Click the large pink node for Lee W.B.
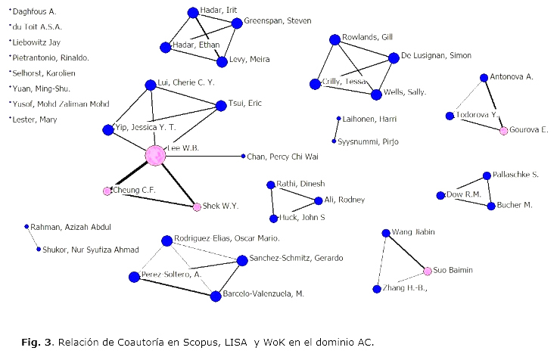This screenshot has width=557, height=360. click(x=155, y=155)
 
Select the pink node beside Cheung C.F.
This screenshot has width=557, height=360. click(x=107, y=191)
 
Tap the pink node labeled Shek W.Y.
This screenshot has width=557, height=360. click(x=197, y=206)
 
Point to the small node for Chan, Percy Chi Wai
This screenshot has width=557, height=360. click(x=243, y=156)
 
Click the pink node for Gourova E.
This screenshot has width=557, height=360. click(x=503, y=131)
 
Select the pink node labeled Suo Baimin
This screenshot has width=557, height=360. click(x=427, y=271)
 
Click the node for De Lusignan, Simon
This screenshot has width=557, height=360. click(x=394, y=57)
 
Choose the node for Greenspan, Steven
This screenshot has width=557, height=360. click(x=237, y=23)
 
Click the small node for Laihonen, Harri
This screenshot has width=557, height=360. click(x=338, y=118)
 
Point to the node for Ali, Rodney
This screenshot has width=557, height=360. click(x=318, y=200)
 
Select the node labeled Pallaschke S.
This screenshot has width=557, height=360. click(x=487, y=176)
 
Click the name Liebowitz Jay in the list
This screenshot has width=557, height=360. click(x=36, y=42)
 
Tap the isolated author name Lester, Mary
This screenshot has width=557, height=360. click(x=34, y=119)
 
